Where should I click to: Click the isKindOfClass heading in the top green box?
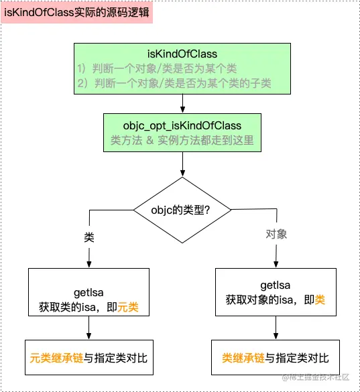(182, 53)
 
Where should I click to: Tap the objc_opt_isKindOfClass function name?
(182, 125)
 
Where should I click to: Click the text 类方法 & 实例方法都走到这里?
(182, 141)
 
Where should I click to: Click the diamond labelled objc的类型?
(182, 210)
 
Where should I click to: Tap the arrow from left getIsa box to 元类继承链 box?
(88, 328)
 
